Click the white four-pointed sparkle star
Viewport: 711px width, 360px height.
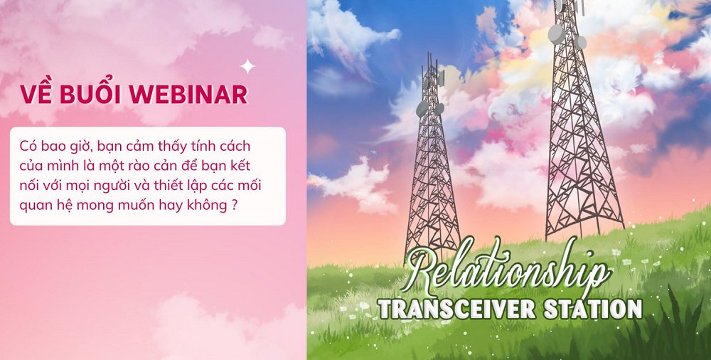[x=247, y=66]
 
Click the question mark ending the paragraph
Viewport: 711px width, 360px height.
[x=234, y=205]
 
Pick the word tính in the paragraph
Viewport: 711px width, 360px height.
[x=196, y=147]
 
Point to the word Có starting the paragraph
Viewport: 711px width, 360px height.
[x=27, y=147]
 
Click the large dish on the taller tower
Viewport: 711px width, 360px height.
[x=557, y=33]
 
